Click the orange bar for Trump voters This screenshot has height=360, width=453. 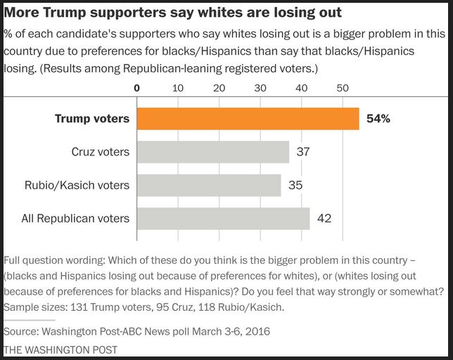coord(248,118)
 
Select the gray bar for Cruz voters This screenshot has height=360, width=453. coord(212,152)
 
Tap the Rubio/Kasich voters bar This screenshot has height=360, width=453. coord(208,185)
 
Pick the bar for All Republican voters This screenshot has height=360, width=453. coord(223,218)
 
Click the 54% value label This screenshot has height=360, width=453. coord(378,119)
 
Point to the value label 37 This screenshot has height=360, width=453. coord(303,152)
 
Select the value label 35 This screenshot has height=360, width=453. coord(295,185)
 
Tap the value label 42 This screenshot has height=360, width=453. coord(324,218)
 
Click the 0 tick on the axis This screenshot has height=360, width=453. coord(137,89)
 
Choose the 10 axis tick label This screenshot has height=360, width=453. coord(177,89)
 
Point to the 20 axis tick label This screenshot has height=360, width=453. coord(219,89)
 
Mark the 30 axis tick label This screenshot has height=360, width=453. coord(260,89)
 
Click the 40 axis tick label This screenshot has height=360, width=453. coord(301,89)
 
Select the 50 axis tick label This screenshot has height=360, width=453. coord(343,89)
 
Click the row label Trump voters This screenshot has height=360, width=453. coord(92,119)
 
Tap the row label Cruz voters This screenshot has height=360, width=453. coord(101,152)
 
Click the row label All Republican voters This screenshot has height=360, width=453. coord(75,218)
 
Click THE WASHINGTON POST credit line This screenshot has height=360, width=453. coord(60,349)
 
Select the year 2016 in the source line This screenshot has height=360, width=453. coord(257,331)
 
